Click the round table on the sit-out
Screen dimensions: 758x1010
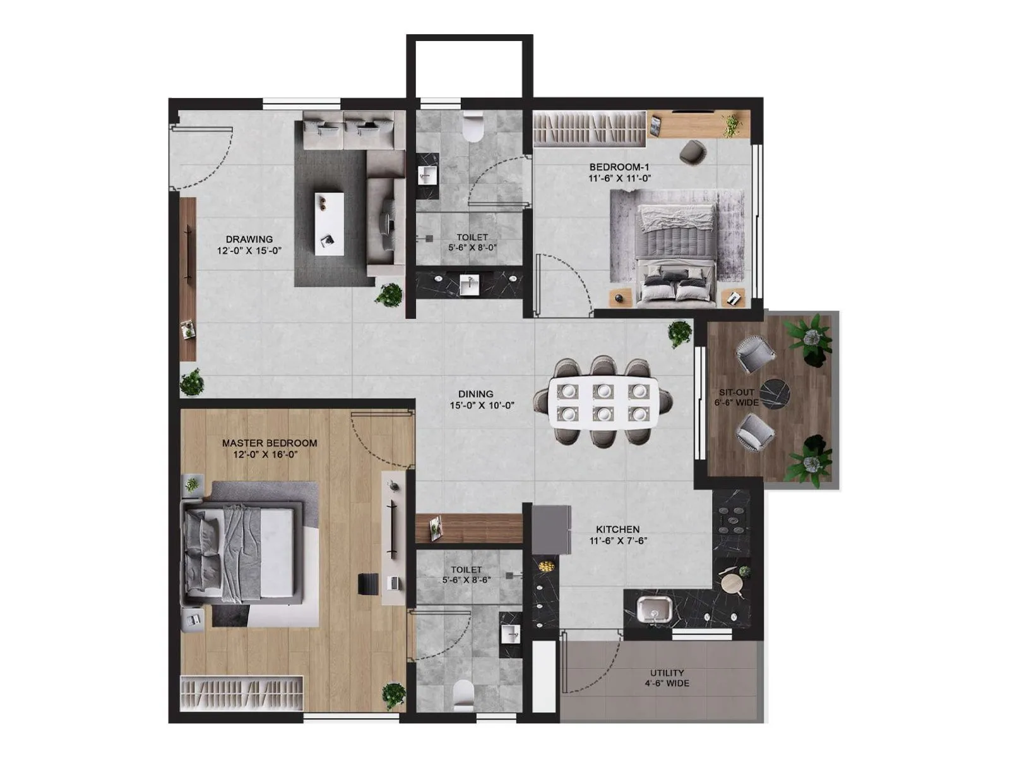click(x=774, y=394)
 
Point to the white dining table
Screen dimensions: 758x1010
click(x=603, y=402)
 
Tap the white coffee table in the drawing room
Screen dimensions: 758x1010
click(x=330, y=224)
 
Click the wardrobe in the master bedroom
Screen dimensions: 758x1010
click(x=242, y=694)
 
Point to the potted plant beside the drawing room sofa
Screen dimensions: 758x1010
click(x=388, y=294)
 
